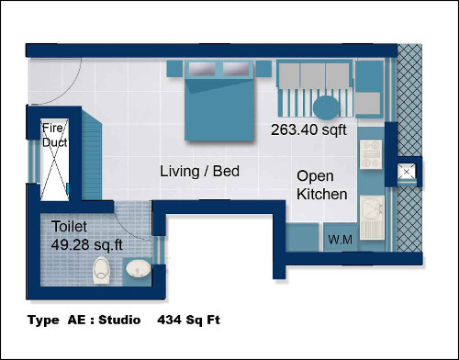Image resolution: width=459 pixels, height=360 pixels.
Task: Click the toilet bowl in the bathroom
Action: (x=101, y=271)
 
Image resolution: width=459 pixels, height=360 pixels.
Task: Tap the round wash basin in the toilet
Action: (x=139, y=268)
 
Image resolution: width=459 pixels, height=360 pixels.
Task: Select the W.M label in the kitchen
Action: (x=340, y=240)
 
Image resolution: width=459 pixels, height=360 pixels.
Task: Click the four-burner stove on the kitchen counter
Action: (x=371, y=154)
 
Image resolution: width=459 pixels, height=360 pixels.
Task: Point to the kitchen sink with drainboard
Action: (x=372, y=218)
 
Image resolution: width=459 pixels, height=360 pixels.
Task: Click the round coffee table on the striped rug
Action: (x=327, y=107)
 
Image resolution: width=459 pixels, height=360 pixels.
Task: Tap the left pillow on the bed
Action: (x=202, y=69)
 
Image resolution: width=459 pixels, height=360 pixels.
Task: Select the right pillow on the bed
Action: (x=236, y=69)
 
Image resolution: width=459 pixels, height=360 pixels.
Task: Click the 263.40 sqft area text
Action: (x=308, y=129)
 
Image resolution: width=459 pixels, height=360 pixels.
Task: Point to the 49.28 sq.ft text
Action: (x=87, y=245)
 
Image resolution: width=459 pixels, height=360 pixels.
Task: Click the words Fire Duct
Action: (x=54, y=135)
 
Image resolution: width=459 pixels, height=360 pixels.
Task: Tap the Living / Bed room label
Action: (x=199, y=171)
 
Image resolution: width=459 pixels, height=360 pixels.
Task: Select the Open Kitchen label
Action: (x=322, y=186)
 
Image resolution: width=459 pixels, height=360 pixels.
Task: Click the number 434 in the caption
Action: (x=169, y=321)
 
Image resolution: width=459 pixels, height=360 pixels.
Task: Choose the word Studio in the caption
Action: (x=119, y=321)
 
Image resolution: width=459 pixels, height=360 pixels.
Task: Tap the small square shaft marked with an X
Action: (x=407, y=173)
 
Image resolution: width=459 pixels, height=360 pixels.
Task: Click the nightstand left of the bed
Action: (x=174, y=69)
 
